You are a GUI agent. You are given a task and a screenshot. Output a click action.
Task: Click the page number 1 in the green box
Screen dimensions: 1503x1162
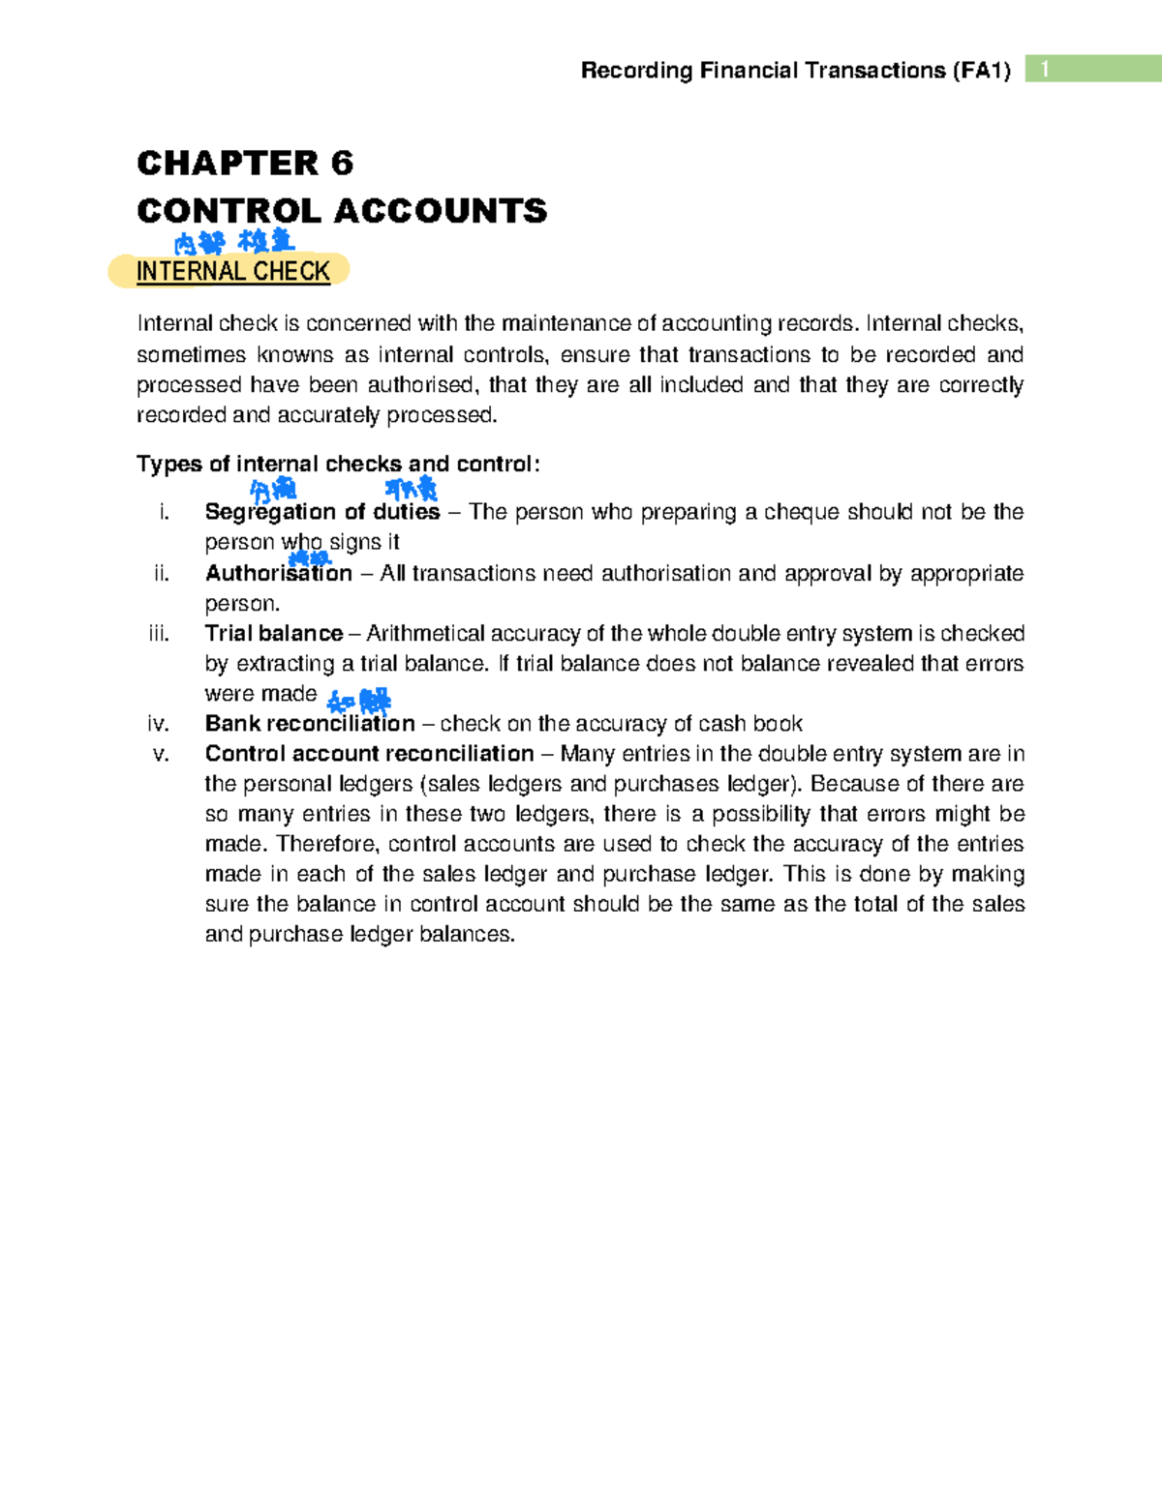click(x=1044, y=69)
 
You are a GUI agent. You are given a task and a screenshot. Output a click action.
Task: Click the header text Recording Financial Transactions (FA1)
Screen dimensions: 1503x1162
click(x=795, y=71)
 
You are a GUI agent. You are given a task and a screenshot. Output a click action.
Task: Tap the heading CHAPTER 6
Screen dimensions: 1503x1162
click(x=245, y=163)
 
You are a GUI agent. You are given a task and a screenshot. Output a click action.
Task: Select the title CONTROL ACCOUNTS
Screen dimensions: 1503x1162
click(x=342, y=210)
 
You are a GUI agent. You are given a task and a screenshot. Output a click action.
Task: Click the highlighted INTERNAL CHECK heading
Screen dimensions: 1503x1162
click(x=232, y=271)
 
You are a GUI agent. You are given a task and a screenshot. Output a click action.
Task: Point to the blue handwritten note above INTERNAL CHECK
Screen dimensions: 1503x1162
click(x=234, y=241)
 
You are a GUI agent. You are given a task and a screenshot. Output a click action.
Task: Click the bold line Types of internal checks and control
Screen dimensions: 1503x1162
click(x=338, y=464)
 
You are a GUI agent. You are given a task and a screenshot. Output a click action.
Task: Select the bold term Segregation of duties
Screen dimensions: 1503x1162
click(x=321, y=512)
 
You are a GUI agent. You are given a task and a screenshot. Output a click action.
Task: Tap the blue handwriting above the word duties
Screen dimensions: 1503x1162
click(x=412, y=489)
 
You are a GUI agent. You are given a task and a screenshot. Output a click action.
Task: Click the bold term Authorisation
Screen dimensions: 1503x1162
click(x=279, y=573)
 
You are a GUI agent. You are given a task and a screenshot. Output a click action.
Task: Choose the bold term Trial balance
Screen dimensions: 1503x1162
click(x=274, y=633)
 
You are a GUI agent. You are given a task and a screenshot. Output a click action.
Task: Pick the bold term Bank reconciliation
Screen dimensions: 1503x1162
click(x=310, y=723)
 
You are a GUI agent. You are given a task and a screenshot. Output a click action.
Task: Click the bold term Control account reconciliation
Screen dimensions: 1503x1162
click(x=369, y=753)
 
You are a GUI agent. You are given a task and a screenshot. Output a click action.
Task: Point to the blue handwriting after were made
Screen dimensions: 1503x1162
click(x=359, y=700)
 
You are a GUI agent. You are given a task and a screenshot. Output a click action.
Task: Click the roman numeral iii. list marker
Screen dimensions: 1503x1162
click(x=159, y=633)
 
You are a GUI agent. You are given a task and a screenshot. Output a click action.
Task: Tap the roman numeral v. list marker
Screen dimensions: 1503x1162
click(x=161, y=753)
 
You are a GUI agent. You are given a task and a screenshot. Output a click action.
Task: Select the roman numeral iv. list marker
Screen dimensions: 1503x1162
click(x=159, y=723)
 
